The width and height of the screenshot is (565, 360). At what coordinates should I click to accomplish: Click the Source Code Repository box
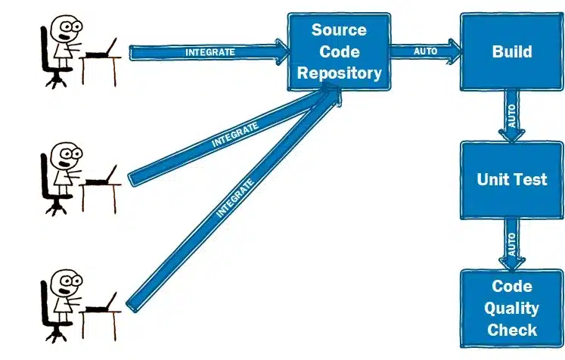338,52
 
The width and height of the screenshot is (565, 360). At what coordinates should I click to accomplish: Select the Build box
512,52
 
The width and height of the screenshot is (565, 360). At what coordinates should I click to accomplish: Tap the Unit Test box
512,179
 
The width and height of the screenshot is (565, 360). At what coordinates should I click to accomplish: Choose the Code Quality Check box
512,308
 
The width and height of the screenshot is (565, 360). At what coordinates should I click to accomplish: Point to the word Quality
512,308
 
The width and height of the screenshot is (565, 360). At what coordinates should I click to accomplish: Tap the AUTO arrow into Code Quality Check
512,244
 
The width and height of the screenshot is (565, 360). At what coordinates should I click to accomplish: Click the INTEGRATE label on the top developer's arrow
210,52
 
